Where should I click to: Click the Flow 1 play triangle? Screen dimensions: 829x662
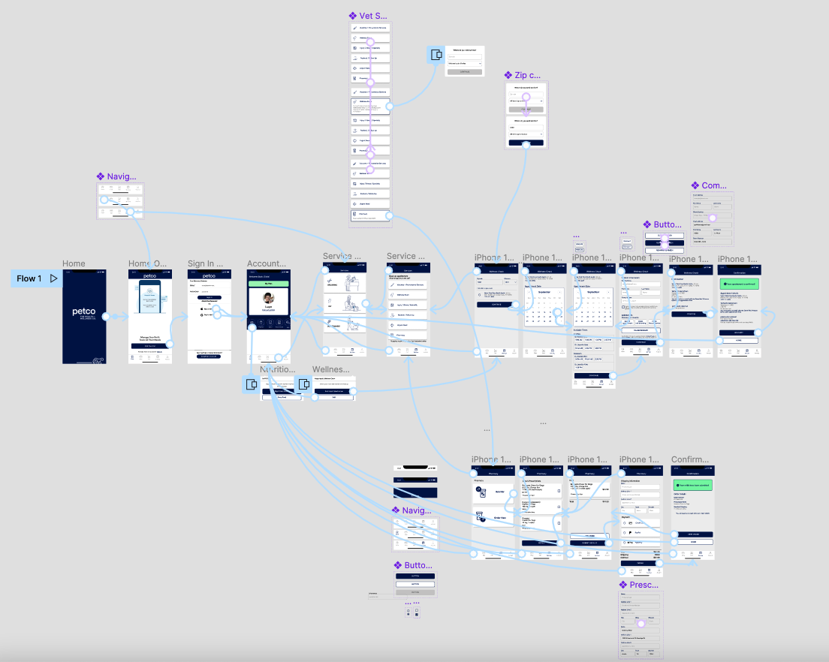point(53,278)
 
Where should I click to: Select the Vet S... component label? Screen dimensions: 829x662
point(372,16)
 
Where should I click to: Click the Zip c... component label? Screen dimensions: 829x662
point(527,75)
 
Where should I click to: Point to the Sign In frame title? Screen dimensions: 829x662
point(206,263)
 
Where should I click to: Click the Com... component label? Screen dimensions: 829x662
point(713,185)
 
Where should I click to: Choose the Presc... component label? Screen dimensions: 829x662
point(643,585)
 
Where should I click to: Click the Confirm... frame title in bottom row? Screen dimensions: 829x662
point(689,459)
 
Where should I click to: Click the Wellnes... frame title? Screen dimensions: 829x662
point(331,370)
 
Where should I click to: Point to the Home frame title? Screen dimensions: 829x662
point(74,263)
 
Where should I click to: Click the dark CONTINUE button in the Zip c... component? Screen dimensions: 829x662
point(526,143)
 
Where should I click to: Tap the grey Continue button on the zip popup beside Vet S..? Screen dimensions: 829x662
point(464,72)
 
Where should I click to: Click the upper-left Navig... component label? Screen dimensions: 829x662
point(120,176)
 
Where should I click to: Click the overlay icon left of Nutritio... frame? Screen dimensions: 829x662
point(251,384)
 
